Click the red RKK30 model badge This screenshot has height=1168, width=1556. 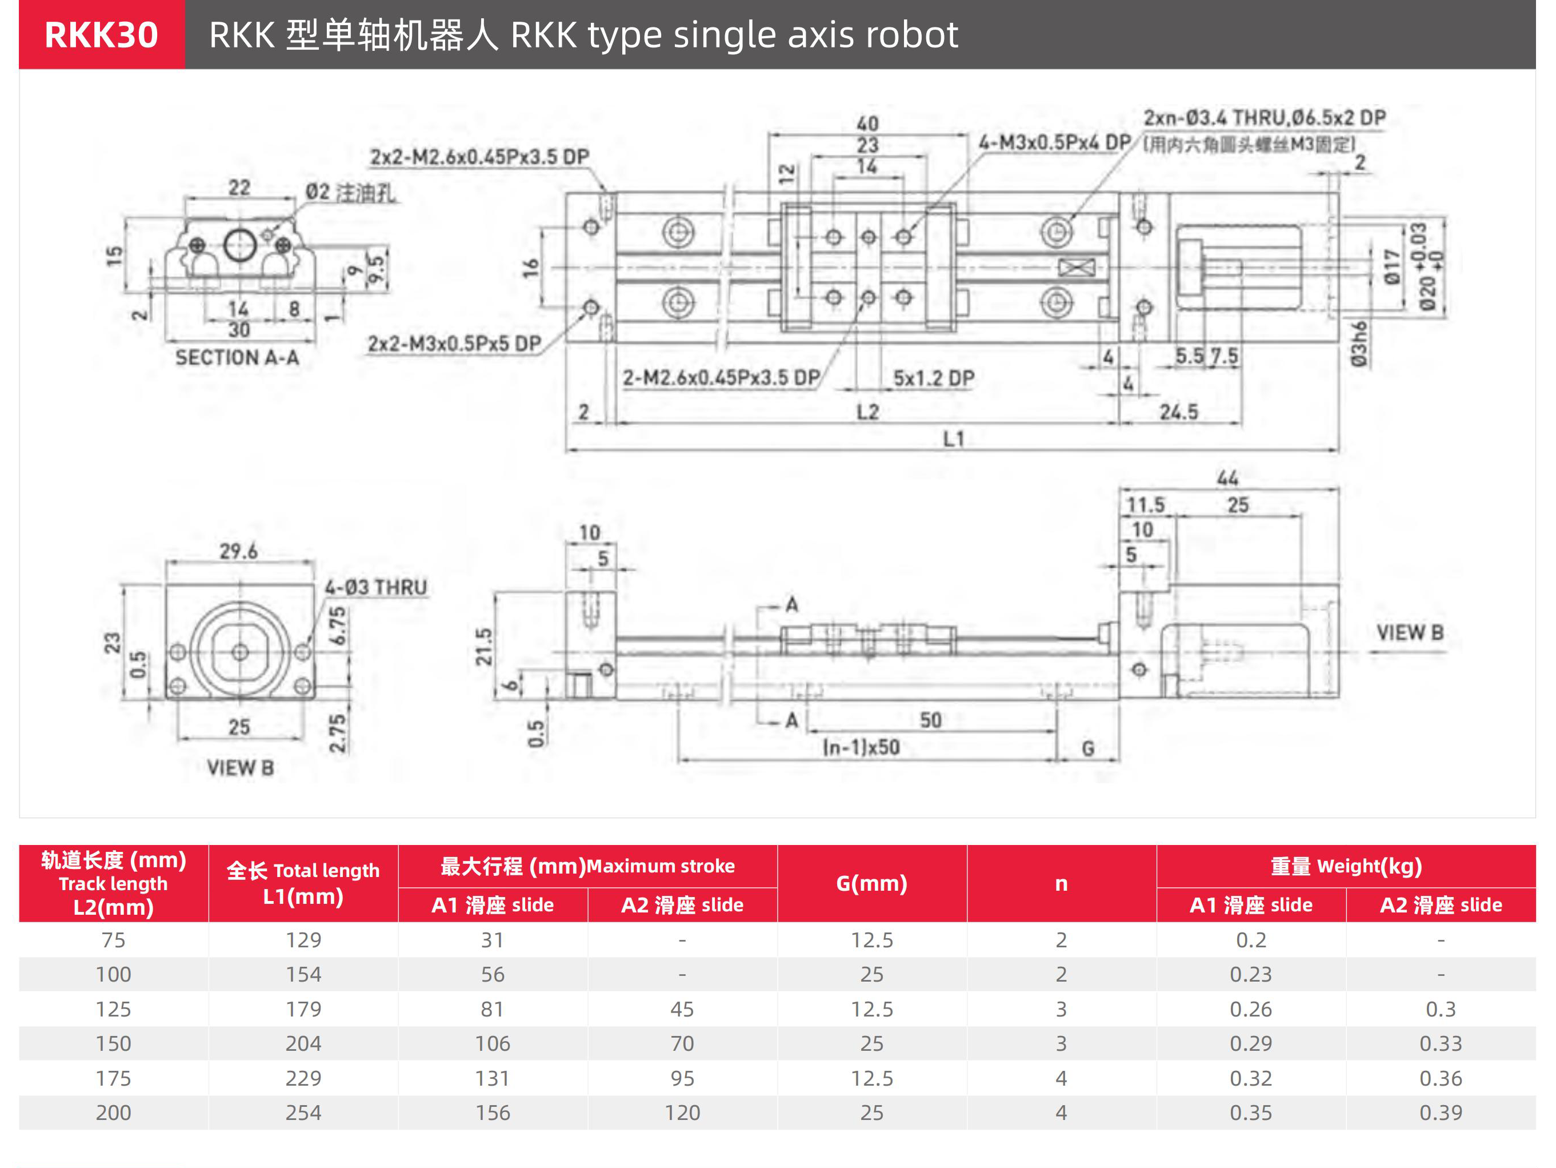pos(102,34)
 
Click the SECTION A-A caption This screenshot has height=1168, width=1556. pos(237,357)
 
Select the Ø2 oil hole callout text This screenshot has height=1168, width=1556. pos(350,192)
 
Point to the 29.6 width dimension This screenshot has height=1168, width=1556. pos(238,551)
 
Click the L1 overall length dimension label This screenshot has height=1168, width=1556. pos(953,439)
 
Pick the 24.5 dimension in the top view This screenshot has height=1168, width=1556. pos(1178,412)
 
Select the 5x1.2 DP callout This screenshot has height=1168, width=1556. pos(934,378)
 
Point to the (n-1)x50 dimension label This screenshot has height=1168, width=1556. pos(861,747)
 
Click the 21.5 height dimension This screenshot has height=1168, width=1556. pos(483,647)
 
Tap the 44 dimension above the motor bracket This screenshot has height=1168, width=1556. pos(1227,479)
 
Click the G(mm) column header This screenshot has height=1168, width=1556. pos(871,883)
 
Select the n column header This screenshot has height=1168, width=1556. pos(1061,884)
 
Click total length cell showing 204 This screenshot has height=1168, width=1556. pos(303,1043)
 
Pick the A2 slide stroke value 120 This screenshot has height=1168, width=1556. pos(682,1113)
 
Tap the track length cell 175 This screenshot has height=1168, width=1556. pos(113,1078)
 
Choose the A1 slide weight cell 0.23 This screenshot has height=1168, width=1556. pos(1251,975)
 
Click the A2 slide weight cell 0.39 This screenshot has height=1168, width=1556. pos(1441,1113)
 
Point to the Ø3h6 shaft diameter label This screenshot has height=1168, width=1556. pos(1359,344)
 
